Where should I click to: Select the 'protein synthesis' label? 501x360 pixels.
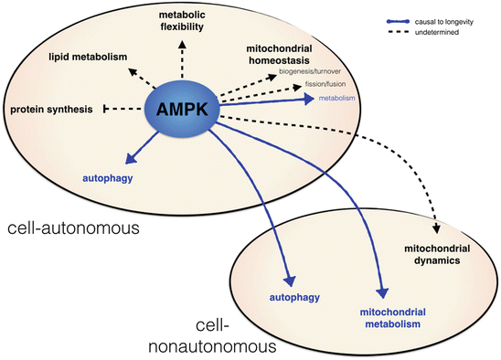pyautogui.click(x=51, y=110)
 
